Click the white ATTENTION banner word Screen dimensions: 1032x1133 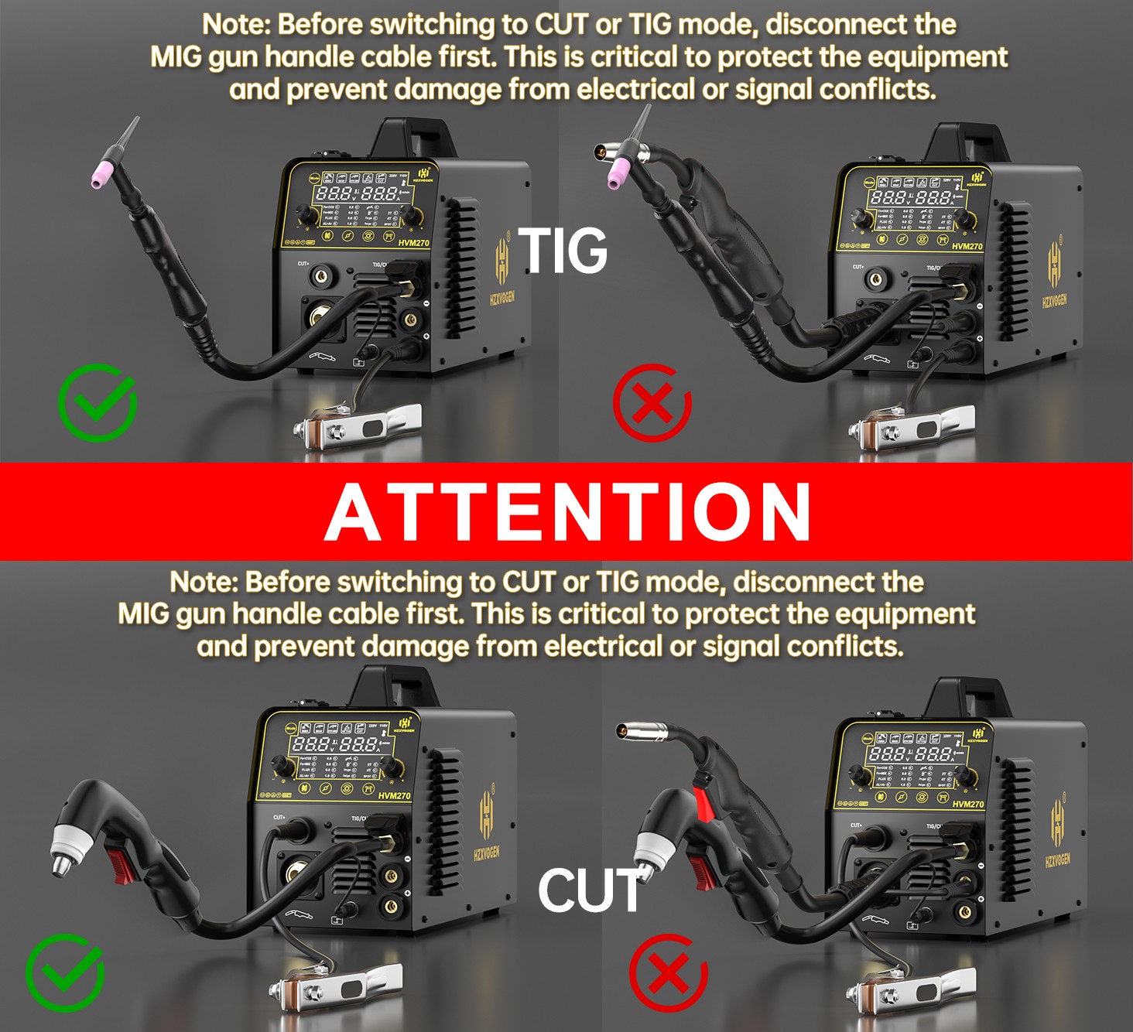[567, 512]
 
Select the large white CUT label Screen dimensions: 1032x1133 [590, 890]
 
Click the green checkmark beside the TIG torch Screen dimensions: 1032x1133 [98, 403]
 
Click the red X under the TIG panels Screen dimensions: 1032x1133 [652, 403]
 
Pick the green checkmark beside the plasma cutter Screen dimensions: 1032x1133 [65, 972]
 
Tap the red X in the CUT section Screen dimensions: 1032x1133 [669, 972]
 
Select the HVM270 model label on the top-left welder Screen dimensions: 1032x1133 [413, 243]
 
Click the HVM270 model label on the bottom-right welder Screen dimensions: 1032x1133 [967, 805]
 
